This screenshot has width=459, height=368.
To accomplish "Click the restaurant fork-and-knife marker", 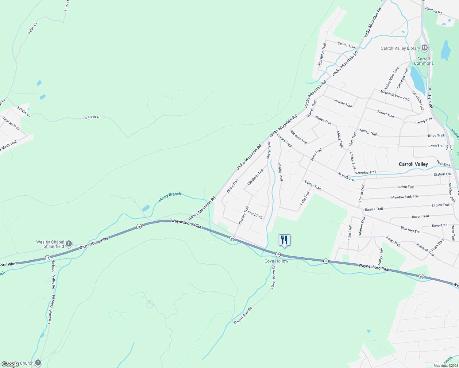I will coord(284,240).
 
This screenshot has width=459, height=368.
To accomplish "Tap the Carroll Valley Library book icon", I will coord(425,48).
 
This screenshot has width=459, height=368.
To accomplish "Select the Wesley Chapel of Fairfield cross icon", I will coord(69,244).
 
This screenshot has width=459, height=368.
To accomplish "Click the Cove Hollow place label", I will coord(276,261).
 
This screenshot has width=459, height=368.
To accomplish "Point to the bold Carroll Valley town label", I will coord(413,164).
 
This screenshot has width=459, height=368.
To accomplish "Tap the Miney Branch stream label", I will coord(170,197).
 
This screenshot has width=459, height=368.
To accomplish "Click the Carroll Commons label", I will coord(423,61).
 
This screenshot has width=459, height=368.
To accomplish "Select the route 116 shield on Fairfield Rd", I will coord(449,148).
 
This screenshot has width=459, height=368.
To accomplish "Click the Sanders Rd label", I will coord(433,11).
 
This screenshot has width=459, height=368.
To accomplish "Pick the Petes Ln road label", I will coord(32,28).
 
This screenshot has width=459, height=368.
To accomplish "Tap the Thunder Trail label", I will coord(11,123).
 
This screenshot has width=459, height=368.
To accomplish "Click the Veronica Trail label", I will coord(365,173).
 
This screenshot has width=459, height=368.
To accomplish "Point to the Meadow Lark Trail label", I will coord(405,197).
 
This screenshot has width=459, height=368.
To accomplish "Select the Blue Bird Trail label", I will coord(411,230).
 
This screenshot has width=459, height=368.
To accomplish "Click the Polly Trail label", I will coord(305,198).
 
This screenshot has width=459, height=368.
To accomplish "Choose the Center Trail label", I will coord(346,45).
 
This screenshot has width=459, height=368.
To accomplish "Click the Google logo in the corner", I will coord(10,364).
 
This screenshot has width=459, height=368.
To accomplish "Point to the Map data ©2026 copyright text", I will coord(446,366).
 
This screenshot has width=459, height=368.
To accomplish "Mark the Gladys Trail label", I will coord(323,120).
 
